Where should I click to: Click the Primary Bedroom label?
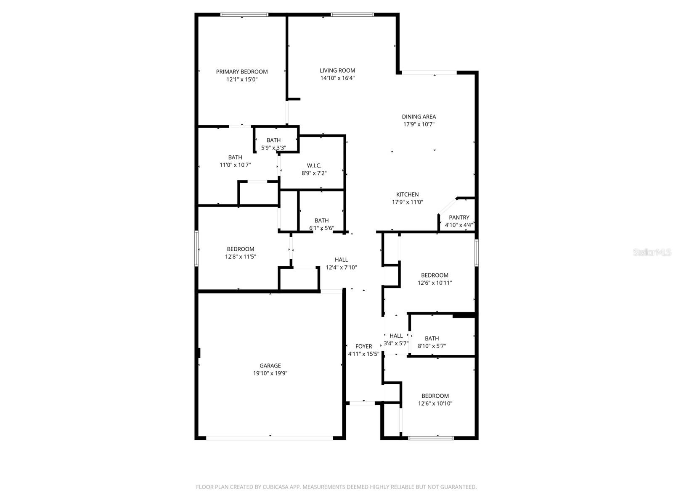pyautogui.click(x=242, y=72)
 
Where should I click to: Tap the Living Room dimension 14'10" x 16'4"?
pyautogui.click(x=337, y=78)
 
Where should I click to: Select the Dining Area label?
pyautogui.click(x=419, y=117)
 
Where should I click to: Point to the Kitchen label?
pyautogui.click(x=407, y=194)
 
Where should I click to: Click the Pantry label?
pyautogui.click(x=459, y=218)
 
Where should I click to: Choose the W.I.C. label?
pyautogui.click(x=314, y=165)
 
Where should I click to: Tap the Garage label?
pyautogui.click(x=270, y=366)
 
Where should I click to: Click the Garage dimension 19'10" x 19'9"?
pyautogui.click(x=270, y=373)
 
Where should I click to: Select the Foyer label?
pyautogui.click(x=363, y=346)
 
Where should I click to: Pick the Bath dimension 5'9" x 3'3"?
pyautogui.click(x=273, y=148)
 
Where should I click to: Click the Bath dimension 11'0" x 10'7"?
pyautogui.click(x=235, y=165)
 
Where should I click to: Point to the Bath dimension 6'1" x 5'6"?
pyautogui.click(x=321, y=228)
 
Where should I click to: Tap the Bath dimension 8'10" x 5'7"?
pyautogui.click(x=432, y=346)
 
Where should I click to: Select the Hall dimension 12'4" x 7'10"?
pyautogui.click(x=341, y=268)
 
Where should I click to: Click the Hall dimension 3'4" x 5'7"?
pyautogui.click(x=396, y=343)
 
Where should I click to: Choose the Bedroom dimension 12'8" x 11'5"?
pyautogui.click(x=240, y=257)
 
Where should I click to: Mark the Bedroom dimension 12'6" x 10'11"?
pyautogui.click(x=435, y=283)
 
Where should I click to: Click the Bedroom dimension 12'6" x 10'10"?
pyautogui.click(x=435, y=404)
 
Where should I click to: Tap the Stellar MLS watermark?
pyautogui.click(x=652, y=252)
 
